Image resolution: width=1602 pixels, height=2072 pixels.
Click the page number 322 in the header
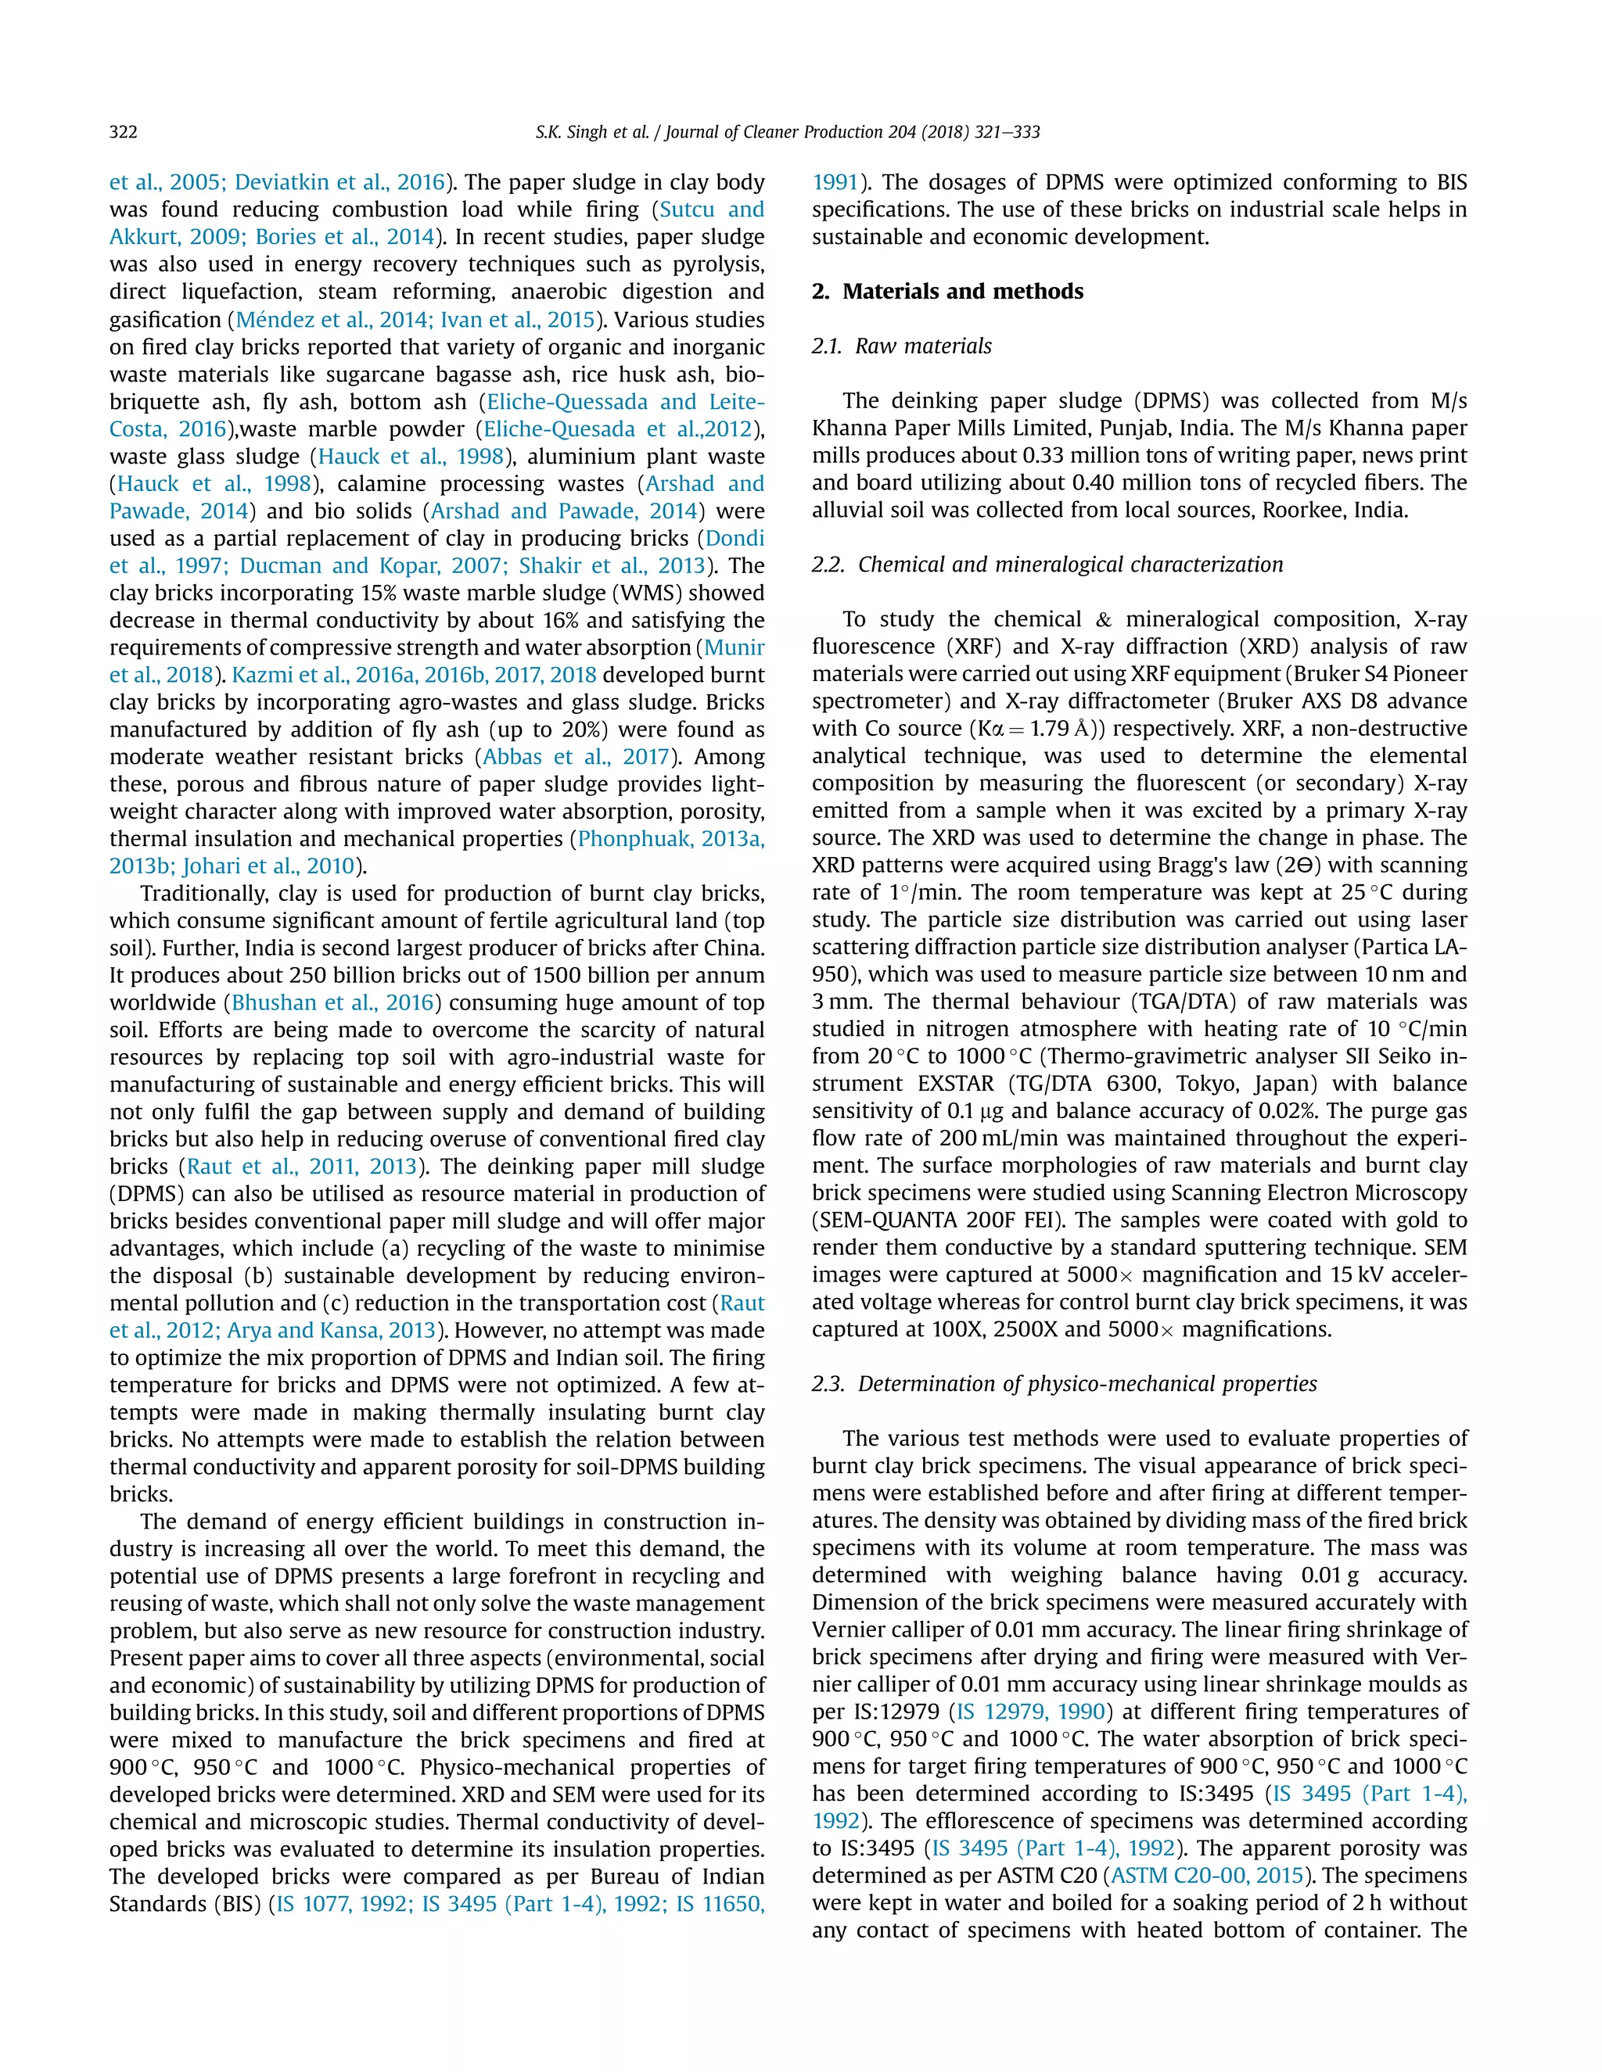click(124, 132)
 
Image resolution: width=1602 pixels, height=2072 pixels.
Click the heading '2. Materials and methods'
click(947, 292)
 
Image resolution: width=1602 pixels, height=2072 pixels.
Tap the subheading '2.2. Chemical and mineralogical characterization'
click(1047, 565)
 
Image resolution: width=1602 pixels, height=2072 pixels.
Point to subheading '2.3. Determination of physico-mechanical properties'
click(1064, 1384)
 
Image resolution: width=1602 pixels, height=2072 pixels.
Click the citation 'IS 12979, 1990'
click(1031, 1712)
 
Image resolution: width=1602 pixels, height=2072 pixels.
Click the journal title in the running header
click(853, 132)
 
